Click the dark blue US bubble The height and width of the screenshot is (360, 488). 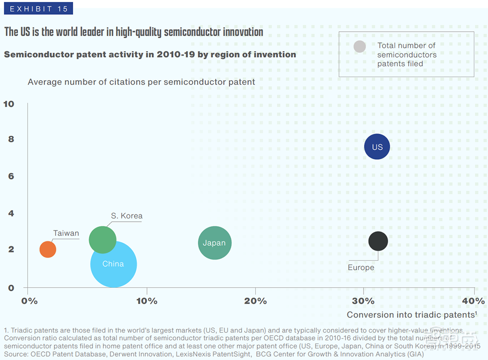coord(377,147)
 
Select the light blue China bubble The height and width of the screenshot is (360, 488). coord(113,264)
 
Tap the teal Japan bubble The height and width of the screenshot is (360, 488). coord(214,243)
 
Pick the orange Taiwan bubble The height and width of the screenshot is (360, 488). coord(48,249)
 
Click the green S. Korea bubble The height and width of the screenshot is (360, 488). coord(102,240)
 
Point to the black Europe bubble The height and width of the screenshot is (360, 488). coord(378,241)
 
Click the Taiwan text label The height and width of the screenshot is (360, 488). coord(66,233)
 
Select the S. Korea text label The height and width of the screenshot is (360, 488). coord(126,216)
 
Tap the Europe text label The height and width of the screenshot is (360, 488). coord(361,268)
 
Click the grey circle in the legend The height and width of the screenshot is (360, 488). coord(360,47)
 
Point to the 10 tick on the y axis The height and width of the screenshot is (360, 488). coord(9,104)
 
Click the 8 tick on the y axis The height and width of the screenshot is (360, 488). coord(11,139)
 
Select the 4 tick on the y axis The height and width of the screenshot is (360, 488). coord(11,213)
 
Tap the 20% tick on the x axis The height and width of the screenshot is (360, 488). coord(255,301)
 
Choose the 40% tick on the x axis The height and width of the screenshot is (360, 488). coord(473,301)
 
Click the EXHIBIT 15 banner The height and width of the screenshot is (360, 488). coord(38,8)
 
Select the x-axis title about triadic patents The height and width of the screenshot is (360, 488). coord(411,315)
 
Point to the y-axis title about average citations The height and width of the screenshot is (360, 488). coord(141,82)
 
